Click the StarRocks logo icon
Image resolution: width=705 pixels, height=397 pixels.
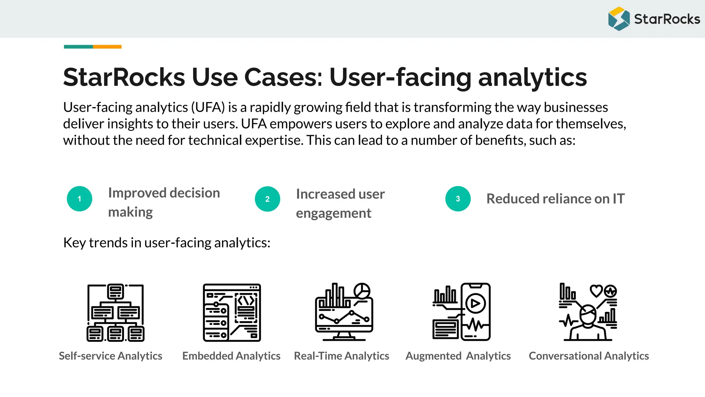tap(619, 19)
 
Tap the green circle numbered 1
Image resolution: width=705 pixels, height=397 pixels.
tap(80, 199)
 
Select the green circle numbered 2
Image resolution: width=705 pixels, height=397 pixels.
tap(267, 199)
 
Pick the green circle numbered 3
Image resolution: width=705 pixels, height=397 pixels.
tap(458, 199)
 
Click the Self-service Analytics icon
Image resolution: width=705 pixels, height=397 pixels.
tap(115, 313)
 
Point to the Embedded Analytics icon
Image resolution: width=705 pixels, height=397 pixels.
tap(232, 313)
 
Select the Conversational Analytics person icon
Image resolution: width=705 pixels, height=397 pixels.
tap(588, 312)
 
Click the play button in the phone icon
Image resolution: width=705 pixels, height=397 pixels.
tap(475, 304)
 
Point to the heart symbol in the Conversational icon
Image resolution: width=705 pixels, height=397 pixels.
tap(596, 291)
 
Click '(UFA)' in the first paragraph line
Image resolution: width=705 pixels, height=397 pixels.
tap(208, 108)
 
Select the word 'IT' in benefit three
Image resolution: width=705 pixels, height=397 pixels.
tap(618, 199)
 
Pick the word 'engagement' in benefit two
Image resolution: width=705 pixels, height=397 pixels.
tap(334, 214)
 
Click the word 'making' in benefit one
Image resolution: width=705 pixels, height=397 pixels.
tap(130, 212)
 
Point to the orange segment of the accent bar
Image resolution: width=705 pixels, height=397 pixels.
tap(107, 47)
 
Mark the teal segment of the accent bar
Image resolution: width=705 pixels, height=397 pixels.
tap(78, 47)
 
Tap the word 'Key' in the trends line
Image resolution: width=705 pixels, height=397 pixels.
tap(74, 243)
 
